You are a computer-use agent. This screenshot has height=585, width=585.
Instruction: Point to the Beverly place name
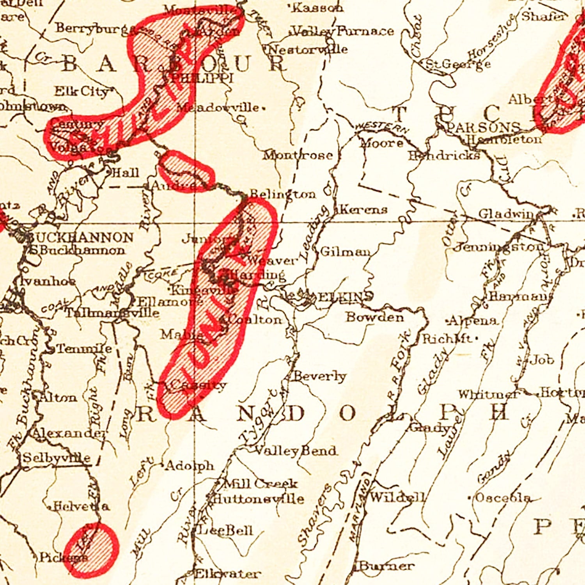(319, 376)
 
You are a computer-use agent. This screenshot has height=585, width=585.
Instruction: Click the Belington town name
(282, 194)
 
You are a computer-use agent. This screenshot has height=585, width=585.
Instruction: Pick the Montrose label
(298, 155)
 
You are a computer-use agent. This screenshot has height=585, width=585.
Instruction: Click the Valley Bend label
(295, 451)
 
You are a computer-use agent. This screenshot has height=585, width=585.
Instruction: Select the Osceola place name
(503, 498)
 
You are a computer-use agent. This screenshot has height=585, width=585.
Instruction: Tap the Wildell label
(397, 497)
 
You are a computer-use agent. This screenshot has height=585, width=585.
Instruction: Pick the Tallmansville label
(112, 313)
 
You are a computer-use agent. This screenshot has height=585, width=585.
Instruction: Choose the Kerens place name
(363, 209)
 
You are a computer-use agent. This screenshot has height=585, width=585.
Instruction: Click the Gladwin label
(505, 214)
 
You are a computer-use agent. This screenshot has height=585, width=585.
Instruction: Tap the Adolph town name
(190, 466)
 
